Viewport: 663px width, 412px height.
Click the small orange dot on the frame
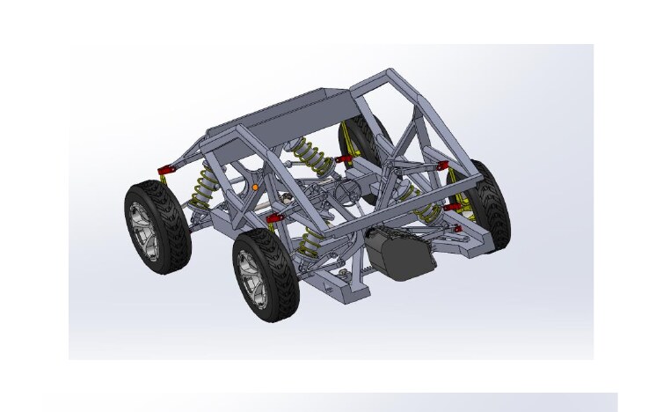[255, 188]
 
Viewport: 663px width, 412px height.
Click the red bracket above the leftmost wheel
[164, 169]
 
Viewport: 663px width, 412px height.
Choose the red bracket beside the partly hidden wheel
[344, 159]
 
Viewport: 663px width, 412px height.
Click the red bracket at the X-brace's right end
[441, 166]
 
